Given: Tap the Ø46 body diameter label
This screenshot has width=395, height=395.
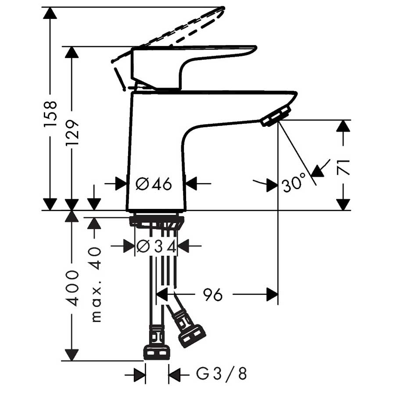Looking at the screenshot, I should pos(154,184).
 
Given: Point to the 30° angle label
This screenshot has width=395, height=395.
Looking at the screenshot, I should pos(294,183).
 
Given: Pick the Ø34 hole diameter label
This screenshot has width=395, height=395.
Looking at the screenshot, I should pos(156,247).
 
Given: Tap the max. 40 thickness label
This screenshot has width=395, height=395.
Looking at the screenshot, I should pos(96,285).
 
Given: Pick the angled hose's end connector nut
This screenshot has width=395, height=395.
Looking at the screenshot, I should pos(192,335).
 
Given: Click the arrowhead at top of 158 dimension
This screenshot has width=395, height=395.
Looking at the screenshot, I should pos(50,12).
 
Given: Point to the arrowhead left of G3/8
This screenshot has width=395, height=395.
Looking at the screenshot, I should pos(140,375).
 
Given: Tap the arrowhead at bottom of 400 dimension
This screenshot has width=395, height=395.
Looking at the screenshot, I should pos(72,355).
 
